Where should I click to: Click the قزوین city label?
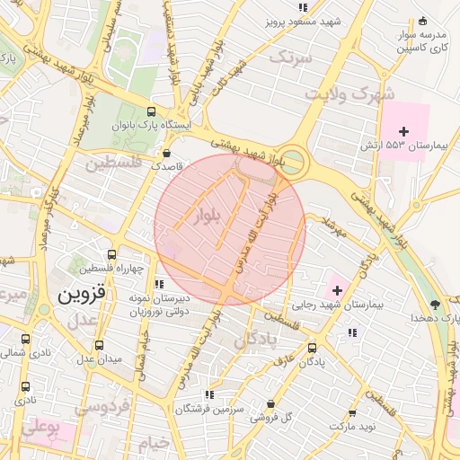81,293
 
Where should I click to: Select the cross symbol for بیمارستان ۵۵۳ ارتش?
403,131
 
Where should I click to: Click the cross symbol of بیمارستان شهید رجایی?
338,290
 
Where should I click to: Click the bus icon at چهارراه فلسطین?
111,255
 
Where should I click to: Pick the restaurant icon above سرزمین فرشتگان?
208,394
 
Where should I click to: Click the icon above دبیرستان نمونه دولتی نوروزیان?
159,285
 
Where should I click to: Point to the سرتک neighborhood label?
295,57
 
